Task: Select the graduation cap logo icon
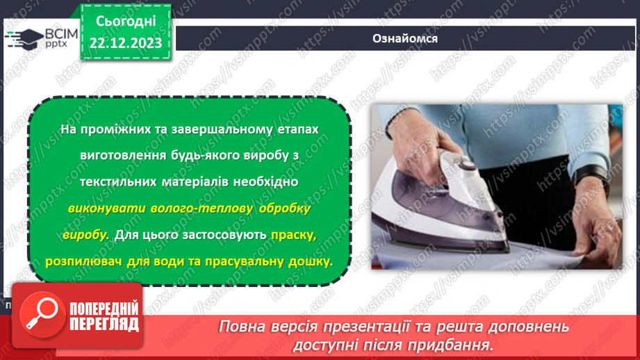24,39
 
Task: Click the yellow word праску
295,235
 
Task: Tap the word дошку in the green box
312,261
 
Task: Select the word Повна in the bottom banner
243,327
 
